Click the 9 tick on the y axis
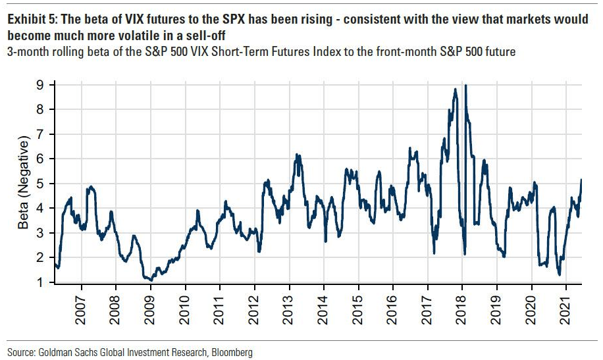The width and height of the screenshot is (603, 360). pyautogui.click(x=41, y=85)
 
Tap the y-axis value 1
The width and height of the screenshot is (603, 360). pyautogui.click(x=41, y=283)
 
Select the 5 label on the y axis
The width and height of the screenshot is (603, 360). pyautogui.click(x=41, y=184)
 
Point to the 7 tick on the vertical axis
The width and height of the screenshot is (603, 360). pyautogui.click(x=41, y=134)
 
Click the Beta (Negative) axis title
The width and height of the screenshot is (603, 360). pyautogui.click(x=24, y=184)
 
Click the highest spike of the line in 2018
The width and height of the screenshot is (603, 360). pyautogui.click(x=466, y=86)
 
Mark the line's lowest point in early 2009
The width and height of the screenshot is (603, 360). pyautogui.click(x=151, y=280)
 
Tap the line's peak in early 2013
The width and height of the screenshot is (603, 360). pyautogui.click(x=298, y=155)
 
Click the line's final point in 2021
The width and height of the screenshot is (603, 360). pyautogui.click(x=581, y=180)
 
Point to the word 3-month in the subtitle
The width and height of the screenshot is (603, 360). pyautogui.click(x=27, y=51)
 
